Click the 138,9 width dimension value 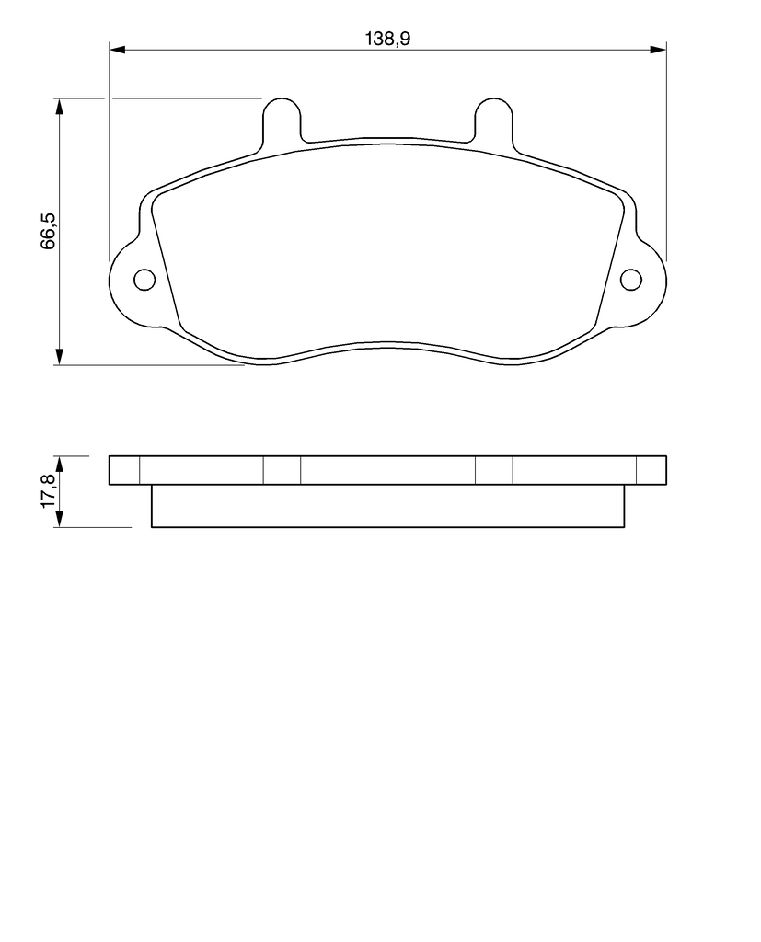coord(387,39)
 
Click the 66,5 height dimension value coord(48,231)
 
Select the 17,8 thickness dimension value coord(48,491)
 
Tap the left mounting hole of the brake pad coord(144,280)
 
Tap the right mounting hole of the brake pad coord(631,280)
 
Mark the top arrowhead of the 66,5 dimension coord(59,106)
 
